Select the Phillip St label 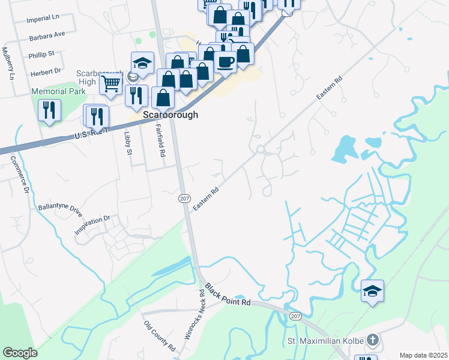[x=41, y=54]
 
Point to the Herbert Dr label [x=44, y=70]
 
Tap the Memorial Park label [x=55, y=92]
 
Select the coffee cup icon [x=225, y=62]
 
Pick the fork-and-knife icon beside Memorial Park [x=49, y=110]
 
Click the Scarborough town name [x=170, y=115]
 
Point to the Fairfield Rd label [x=160, y=140]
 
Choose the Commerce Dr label [x=19, y=175]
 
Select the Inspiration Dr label [x=92, y=224]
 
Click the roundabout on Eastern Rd [x=261, y=149]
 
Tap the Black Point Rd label [x=228, y=295]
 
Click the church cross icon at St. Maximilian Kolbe [x=372, y=340]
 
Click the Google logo [x=20, y=352]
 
